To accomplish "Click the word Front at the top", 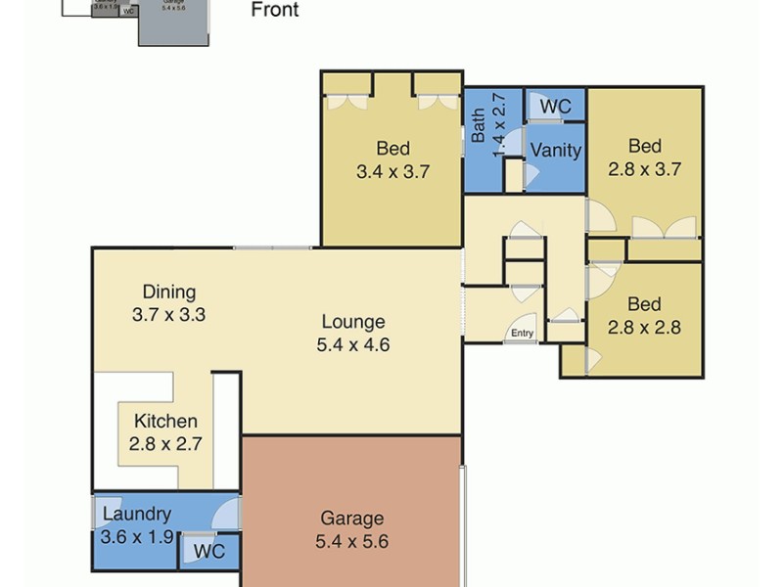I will (x=275, y=11).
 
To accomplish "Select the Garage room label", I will (x=352, y=519).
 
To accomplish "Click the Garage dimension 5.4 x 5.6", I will (x=352, y=541).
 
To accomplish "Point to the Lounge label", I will (x=353, y=322).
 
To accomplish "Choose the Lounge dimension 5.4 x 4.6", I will (x=353, y=344).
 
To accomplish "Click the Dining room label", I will (x=169, y=292).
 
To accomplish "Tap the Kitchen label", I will (x=165, y=422).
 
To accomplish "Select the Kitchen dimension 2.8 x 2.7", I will (x=165, y=443).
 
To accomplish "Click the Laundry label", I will (x=137, y=514).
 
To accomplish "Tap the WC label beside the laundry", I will (x=208, y=552).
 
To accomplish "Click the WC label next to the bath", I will (x=556, y=105).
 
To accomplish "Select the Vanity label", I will (x=555, y=151).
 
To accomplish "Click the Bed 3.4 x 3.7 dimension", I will (x=392, y=171).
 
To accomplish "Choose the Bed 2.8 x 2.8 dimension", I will (x=644, y=327).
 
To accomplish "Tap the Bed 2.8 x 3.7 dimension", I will (x=644, y=168).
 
